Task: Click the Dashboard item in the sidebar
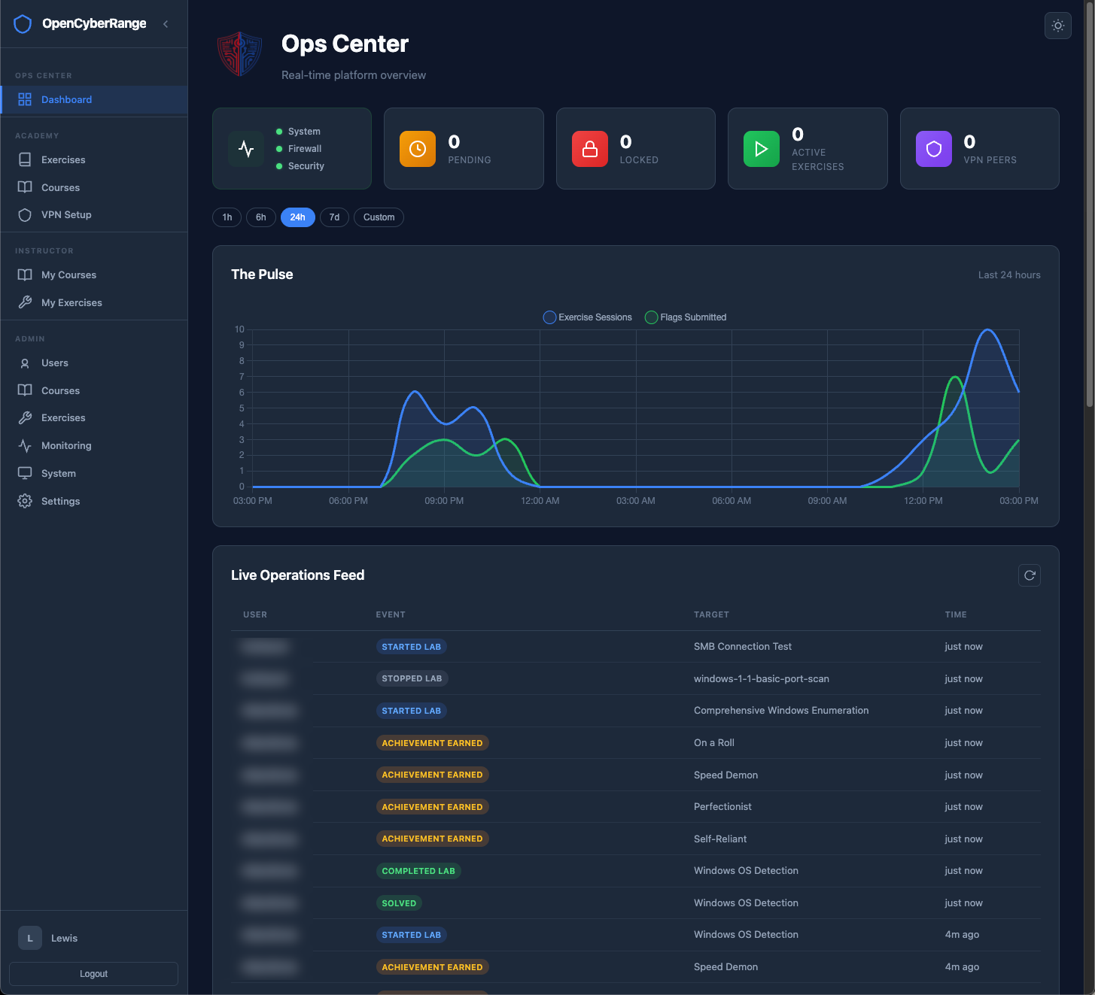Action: pyautogui.click(x=66, y=99)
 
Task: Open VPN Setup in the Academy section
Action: pyautogui.click(x=66, y=215)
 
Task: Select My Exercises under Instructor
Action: pyautogui.click(x=71, y=303)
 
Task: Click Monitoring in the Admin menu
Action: pyautogui.click(x=66, y=446)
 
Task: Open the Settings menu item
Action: pyautogui.click(x=60, y=502)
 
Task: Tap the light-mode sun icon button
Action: pyautogui.click(x=1057, y=26)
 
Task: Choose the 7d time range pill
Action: pyautogui.click(x=334, y=217)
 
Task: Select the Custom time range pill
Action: pyautogui.click(x=379, y=217)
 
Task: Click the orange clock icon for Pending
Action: pyautogui.click(x=417, y=149)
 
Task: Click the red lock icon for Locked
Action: pyautogui.click(x=589, y=149)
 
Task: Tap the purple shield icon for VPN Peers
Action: pyautogui.click(x=933, y=149)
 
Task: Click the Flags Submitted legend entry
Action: pyautogui.click(x=686, y=317)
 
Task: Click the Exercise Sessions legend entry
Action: pyautogui.click(x=588, y=317)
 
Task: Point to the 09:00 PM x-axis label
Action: pyautogui.click(x=444, y=501)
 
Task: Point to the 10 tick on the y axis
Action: pyautogui.click(x=239, y=329)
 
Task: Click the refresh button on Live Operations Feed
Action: pyautogui.click(x=1029, y=575)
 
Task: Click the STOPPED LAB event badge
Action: pyautogui.click(x=412, y=678)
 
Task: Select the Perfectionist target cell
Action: pyautogui.click(x=722, y=807)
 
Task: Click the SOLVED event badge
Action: pyautogui.click(x=399, y=903)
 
